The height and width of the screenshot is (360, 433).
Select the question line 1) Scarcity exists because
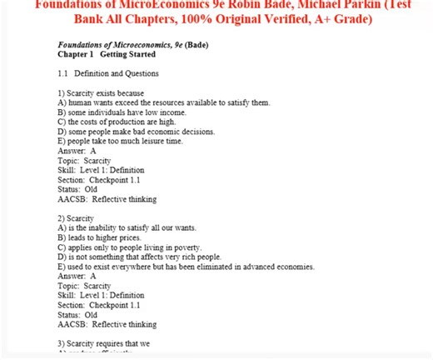pyautogui.click(x=101, y=92)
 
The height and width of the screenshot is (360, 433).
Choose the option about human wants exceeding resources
pyautogui.click(x=164, y=102)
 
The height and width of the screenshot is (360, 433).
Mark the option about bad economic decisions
pyautogui.click(x=136, y=132)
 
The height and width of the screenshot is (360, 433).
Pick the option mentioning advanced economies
pyautogui.click(x=186, y=267)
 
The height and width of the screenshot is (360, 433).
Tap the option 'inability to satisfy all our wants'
pyautogui.click(x=127, y=227)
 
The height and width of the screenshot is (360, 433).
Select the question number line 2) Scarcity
pyautogui.click(x=76, y=217)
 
